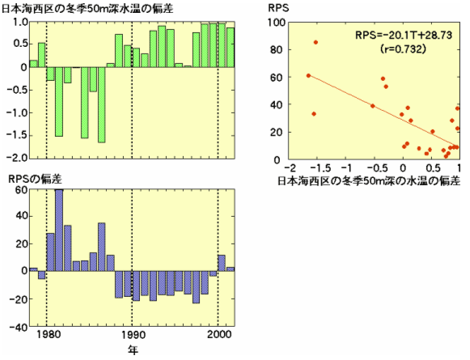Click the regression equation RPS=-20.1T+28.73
tap(404, 36)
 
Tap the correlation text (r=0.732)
tap(403, 49)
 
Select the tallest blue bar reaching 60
tap(59, 231)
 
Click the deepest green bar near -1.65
tap(102, 105)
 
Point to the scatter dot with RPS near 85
tap(315, 42)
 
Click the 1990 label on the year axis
tap(132, 335)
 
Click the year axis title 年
tap(133, 349)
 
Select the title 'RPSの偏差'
tap(36, 179)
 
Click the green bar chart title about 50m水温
tap(87, 8)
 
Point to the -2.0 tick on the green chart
tap(18, 158)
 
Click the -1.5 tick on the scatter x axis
tap(320, 167)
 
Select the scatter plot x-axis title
tap(369, 181)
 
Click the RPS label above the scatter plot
tap(278, 8)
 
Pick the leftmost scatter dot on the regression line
tap(308, 75)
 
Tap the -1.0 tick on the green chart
tap(18, 112)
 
